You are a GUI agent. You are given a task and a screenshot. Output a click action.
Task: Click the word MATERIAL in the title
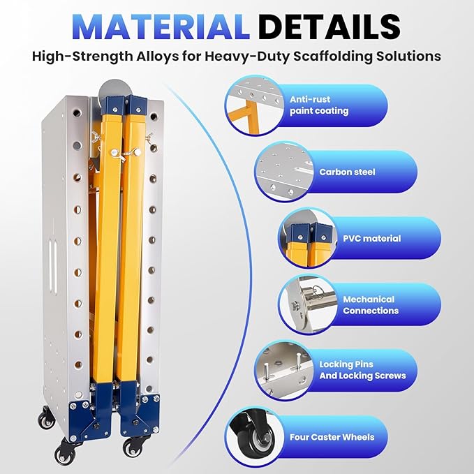coord(161,27)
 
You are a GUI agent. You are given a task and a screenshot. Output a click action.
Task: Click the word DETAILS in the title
coord(329,27)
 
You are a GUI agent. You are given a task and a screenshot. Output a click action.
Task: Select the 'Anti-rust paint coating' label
coord(319,105)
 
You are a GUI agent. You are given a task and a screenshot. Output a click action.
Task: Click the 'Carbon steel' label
coord(347,172)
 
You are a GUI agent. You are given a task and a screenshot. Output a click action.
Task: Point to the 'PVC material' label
coord(372,239)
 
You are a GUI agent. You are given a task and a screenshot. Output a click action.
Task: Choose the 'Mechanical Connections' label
coord(371,305)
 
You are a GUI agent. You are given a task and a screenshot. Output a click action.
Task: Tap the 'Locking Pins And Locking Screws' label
coord(362,370)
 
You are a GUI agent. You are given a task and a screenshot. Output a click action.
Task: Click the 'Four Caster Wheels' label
coord(332,437)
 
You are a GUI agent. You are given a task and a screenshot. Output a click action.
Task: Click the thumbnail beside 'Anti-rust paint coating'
coord(254,105)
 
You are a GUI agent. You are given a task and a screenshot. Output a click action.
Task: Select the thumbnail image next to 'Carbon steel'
coord(283,172)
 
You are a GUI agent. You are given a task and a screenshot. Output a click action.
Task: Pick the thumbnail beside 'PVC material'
coord(307,238)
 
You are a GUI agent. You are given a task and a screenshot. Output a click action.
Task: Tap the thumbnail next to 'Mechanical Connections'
coord(307,304)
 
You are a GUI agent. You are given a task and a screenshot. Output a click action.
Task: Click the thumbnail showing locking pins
coord(283,370)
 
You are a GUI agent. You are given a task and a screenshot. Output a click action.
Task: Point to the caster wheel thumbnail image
coord(254,437)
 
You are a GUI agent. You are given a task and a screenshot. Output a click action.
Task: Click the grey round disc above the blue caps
coord(115,89)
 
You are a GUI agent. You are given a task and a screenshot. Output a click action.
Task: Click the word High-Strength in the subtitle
coord(82,57)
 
